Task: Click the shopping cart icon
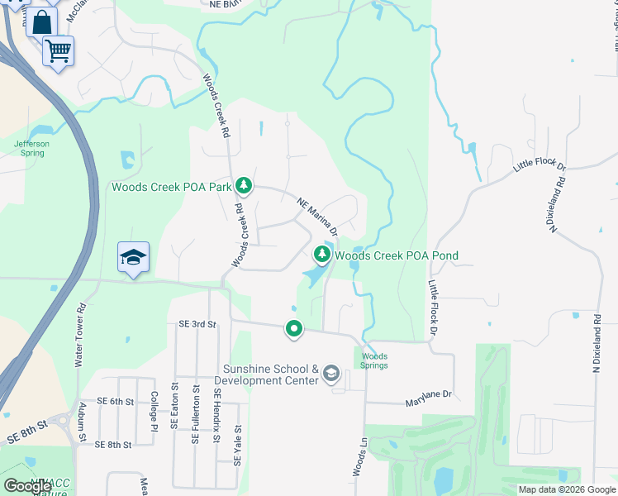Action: pyautogui.click(x=59, y=51)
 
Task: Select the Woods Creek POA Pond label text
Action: pyautogui.click(x=396, y=255)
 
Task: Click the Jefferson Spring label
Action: pyautogui.click(x=31, y=148)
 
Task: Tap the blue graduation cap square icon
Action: pyautogui.click(x=133, y=257)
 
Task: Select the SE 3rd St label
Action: pyautogui.click(x=191, y=325)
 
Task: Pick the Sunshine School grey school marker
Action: pyautogui.click(x=330, y=374)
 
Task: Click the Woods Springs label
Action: pyautogui.click(x=373, y=360)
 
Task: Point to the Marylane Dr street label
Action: pyautogui.click(x=429, y=403)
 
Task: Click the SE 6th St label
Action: pyautogui.click(x=115, y=401)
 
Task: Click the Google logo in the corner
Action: pyautogui.click(x=27, y=486)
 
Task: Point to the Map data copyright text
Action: pyautogui.click(x=566, y=489)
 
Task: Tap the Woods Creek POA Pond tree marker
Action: pyautogui.click(x=322, y=253)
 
